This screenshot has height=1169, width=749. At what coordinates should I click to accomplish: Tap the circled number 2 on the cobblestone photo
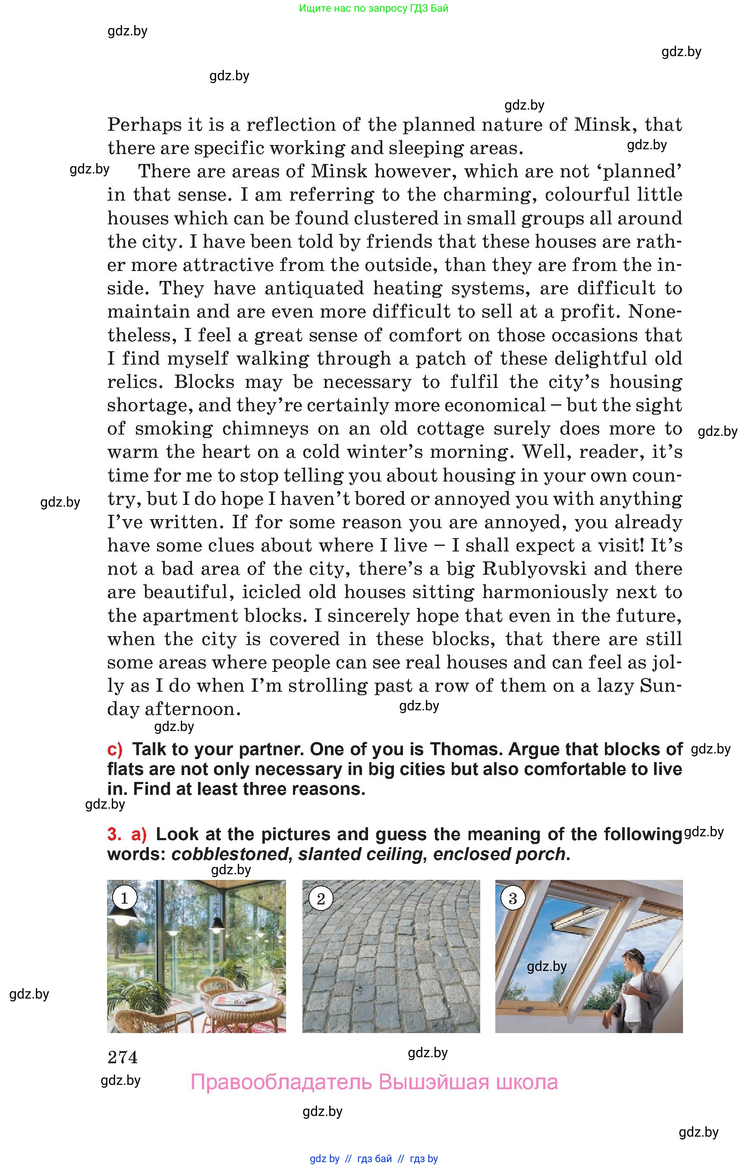pyautogui.click(x=321, y=898)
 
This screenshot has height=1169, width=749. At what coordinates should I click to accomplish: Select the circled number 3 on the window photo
pyautogui.click(x=513, y=898)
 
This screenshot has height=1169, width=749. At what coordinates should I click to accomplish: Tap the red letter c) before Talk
pyautogui.click(x=115, y=749)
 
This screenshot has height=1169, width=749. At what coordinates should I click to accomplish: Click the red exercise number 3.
pyautogui.click(x=114, y=834)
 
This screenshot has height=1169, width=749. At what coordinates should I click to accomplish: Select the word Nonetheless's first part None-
pyautogui.click(x=655, y=311)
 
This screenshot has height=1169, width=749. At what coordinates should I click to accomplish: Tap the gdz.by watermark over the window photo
pyautogui.click(x=547, y=966)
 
